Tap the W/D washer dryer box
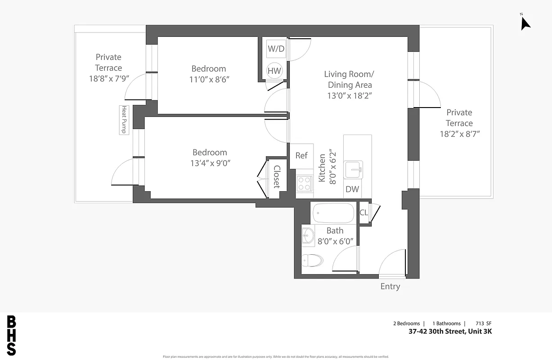pyautogui.click(x=276, y=49)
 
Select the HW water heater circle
pyautogui.click(x=274, y=71)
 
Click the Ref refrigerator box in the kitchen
pyautogui.click(x=301, y=156)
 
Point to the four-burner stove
pyautogui.click(x=305, y=184)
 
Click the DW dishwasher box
pyautogui.click(x=352, y=189)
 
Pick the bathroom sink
pyautogui.click(x=308, y=235)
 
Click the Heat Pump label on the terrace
pyautogui.click(x=123, y=119)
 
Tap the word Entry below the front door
pyautogui.click(x=390, y=287)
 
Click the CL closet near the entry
pyautogui.click(x=364, y=212)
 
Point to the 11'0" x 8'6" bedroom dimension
pyautogui.click(x=209, y=80)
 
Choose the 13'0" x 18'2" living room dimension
pyautogui.click(x=350, y=95)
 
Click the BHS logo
pyautogui.click(x=12, y=336)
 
